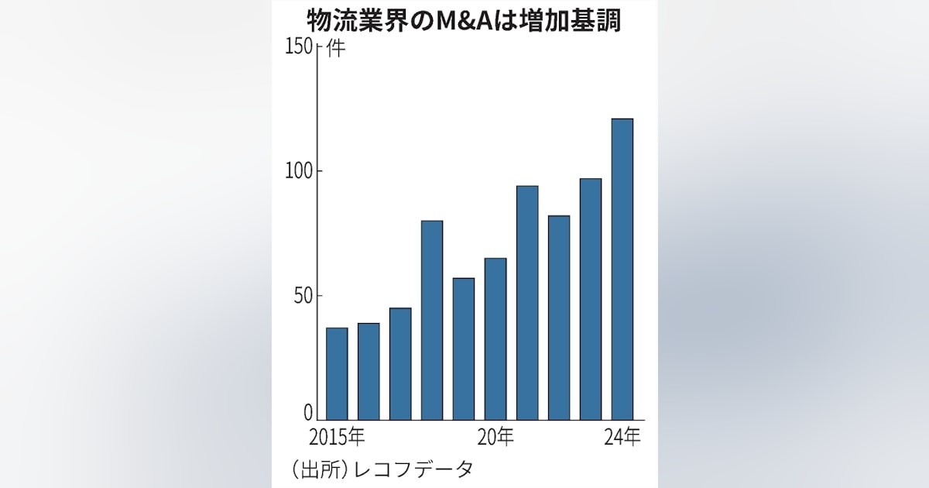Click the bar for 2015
[x=337, y=374]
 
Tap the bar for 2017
[x=400, y=364]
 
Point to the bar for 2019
[x=464, y=349]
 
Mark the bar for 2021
[x=527, y=303]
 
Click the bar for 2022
[x=559, y=318]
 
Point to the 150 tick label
[x=299, y=47]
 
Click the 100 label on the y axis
[x=299, y=171]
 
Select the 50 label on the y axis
[x=303, y=296]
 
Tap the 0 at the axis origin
[x=308, y=412]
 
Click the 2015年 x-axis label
[x=337, y=438]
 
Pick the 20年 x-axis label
[x=495, y=438]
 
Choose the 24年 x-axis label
[x=622, y=438]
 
